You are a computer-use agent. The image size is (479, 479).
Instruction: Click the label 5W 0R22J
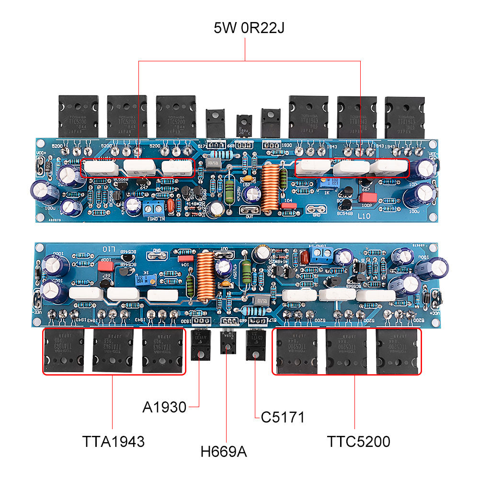[249, 28]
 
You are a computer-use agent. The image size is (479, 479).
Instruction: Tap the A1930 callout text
[164, 407]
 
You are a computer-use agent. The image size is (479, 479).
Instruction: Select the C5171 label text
[283, 417]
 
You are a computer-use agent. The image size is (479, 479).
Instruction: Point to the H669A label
[224, 451]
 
